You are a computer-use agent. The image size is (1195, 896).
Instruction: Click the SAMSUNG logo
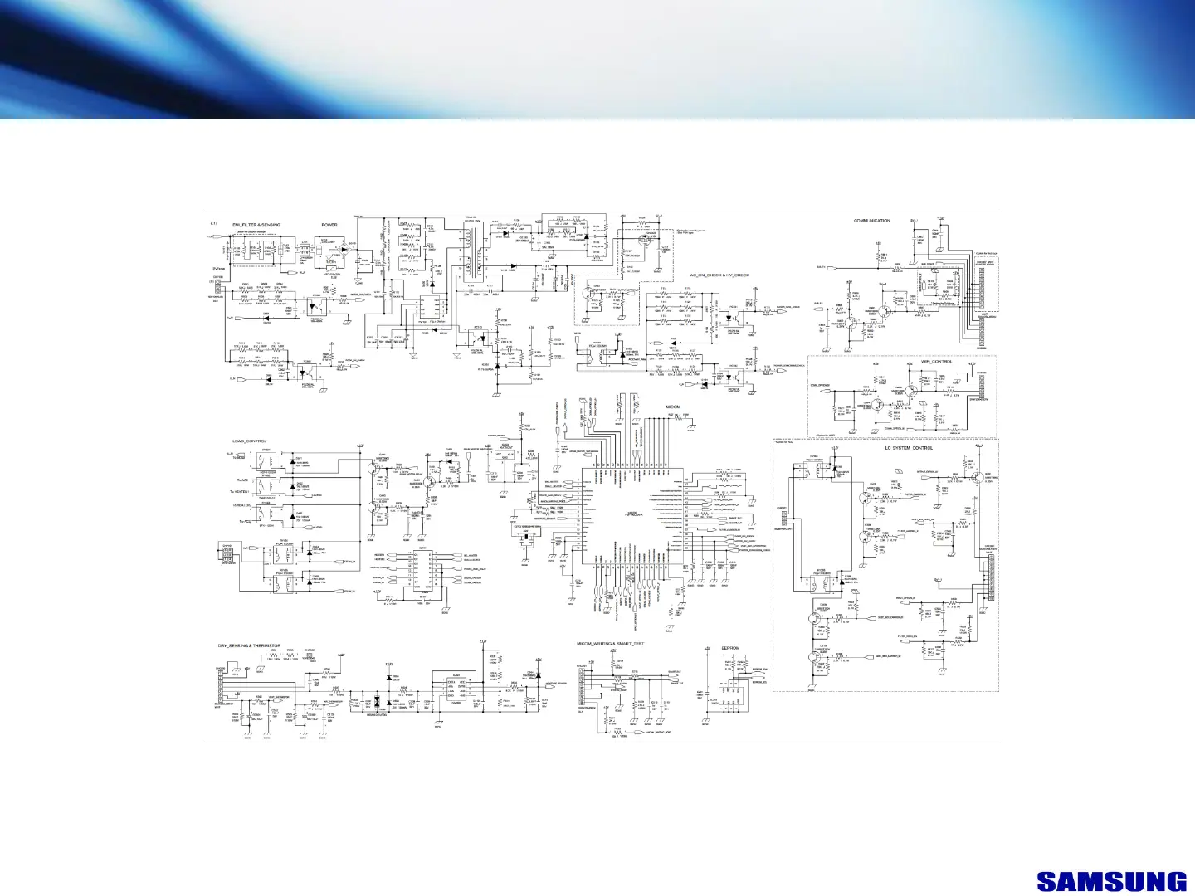pos(1111,882)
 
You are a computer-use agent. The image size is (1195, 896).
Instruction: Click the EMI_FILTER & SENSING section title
pos(256,225)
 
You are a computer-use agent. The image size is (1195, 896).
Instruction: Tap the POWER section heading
pos(329,225)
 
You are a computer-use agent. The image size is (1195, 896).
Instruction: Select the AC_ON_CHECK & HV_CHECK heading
pos(719,275)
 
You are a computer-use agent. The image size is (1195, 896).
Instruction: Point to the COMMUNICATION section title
pos(871,221)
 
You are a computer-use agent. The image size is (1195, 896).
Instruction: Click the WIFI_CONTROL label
pos(936,362)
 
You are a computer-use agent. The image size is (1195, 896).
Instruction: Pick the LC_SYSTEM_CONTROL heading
pos(909,448)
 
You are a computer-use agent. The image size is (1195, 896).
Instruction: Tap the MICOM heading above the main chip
pos(673,407)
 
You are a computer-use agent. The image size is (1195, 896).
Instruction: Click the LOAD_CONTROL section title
pos(249,441)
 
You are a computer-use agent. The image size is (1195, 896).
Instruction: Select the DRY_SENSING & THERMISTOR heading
pos(249,645)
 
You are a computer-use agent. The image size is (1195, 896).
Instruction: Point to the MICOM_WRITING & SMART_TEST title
pos(610,644)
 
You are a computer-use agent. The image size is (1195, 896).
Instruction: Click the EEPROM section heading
pos(730,648)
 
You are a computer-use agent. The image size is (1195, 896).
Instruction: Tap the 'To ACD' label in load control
pos(243,480)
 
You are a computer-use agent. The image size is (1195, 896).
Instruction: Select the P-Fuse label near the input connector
pos(219,270)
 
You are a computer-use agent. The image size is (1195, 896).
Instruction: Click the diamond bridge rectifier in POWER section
pos(344,249)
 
